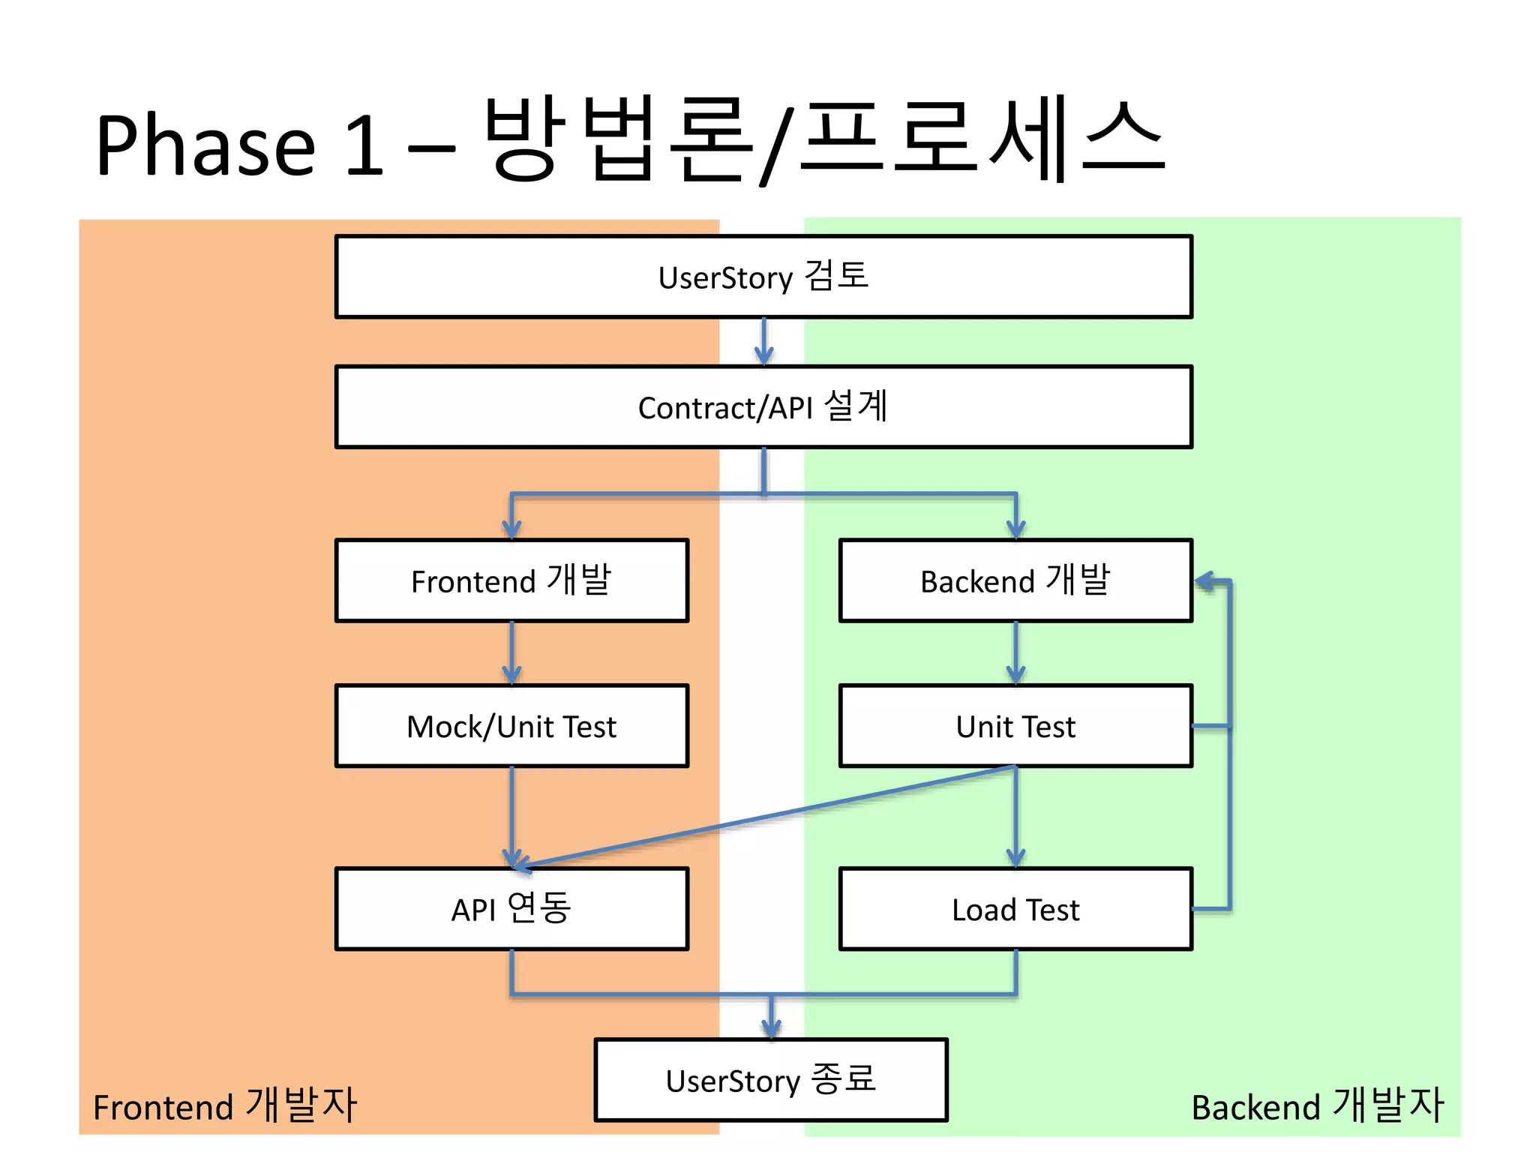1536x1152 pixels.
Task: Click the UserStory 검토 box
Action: click(763, 277)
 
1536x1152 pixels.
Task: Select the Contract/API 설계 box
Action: click(763, 407)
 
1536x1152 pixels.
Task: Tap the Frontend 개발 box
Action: click(511, 580)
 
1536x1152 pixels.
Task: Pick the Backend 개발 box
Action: click(1015, 580)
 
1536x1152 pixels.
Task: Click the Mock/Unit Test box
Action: click(511, 726)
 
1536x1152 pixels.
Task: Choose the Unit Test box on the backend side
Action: click(1015, 726)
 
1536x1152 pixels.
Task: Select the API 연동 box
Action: click(511, 909)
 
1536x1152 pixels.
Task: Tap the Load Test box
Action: click(1015, 909)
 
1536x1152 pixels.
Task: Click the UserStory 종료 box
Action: click(771, 1080)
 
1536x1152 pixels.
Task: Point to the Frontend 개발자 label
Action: click(225, 1106)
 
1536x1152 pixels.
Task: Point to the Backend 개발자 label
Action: click(1317, 1106)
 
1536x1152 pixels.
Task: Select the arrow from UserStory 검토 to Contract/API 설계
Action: click(763, 342)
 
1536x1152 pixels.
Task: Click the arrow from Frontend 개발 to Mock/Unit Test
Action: click(511, 652)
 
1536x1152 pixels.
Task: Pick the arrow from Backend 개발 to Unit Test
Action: click(1015, 652)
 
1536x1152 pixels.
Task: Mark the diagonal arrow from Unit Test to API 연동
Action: click(765, 817)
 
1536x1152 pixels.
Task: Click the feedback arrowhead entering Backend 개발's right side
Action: click(1204, 581)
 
